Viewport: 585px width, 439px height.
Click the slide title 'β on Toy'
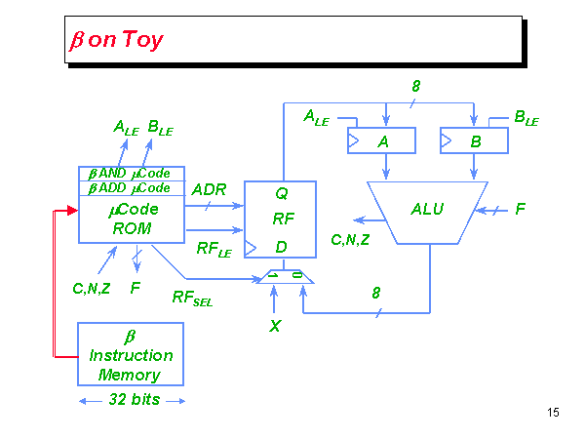(x=115, y=40)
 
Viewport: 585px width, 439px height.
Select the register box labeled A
(x=382, y=140)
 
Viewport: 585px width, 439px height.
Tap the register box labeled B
(x=475, y=140)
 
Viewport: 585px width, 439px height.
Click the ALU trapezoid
(x=428, y=209)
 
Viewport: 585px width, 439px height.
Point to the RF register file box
(x=281, y=219)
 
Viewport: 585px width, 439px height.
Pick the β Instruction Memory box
(x=131, y=354)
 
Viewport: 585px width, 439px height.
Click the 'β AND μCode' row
(x=131, y=174)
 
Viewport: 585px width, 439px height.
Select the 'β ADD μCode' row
(x=131, y=187)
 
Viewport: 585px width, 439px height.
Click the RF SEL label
(x=192, y=299)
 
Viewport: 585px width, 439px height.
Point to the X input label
(x=275, y=326)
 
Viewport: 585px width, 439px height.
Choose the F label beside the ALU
(x=520, y=208)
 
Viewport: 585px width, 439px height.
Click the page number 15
(x=553, y=413)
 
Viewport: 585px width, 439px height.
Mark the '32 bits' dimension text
(x=132, y=400)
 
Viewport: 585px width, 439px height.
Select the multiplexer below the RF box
(x=286, y=278)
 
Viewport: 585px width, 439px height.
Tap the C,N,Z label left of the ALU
(x=351, y=238)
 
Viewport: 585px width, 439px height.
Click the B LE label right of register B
(x=526, y=119)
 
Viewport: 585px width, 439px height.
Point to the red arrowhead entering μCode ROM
(x=71, y=210)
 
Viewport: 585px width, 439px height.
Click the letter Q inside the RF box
(x=281, y=193)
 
